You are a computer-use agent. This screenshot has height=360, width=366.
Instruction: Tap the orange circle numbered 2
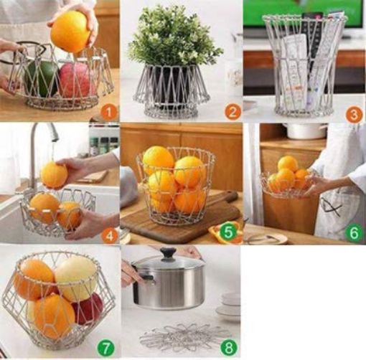230,111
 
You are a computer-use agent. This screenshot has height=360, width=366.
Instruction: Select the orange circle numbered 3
352,113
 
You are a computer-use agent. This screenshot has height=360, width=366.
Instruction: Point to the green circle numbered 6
353,232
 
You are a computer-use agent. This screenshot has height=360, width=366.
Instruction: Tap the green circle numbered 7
106,348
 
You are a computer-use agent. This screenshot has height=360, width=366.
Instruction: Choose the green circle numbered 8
229,348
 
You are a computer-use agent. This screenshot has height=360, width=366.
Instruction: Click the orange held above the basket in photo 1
70,32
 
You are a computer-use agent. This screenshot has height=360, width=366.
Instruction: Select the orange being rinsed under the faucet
54,174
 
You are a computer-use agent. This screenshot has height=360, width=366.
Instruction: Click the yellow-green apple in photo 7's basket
75,278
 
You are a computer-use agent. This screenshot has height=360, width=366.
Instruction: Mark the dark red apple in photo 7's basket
88,309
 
